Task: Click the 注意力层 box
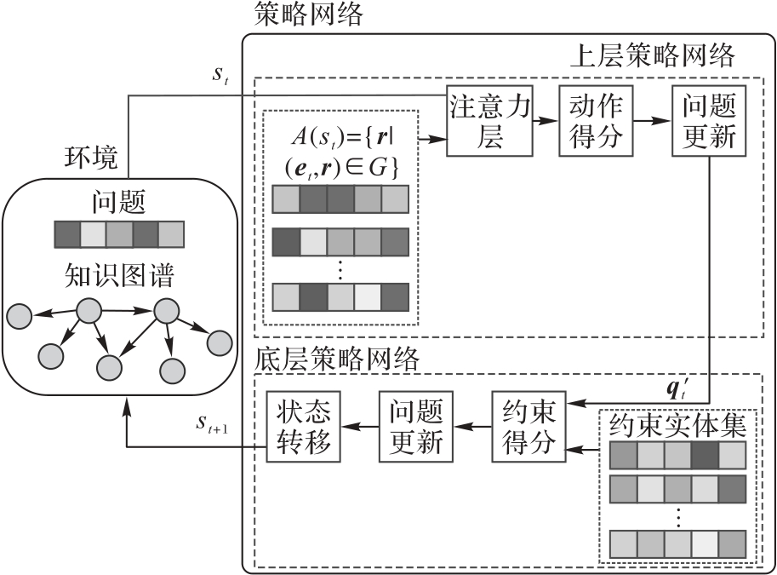[x=489, y=120]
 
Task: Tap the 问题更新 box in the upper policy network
[x=703, y=120]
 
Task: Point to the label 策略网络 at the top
[x=308, y=13]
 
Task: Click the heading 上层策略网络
[x=650, y=57]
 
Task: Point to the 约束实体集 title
[x=677, y=423]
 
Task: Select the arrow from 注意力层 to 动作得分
[x=545, y=121]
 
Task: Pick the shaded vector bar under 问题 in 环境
[x=118, y=234]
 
